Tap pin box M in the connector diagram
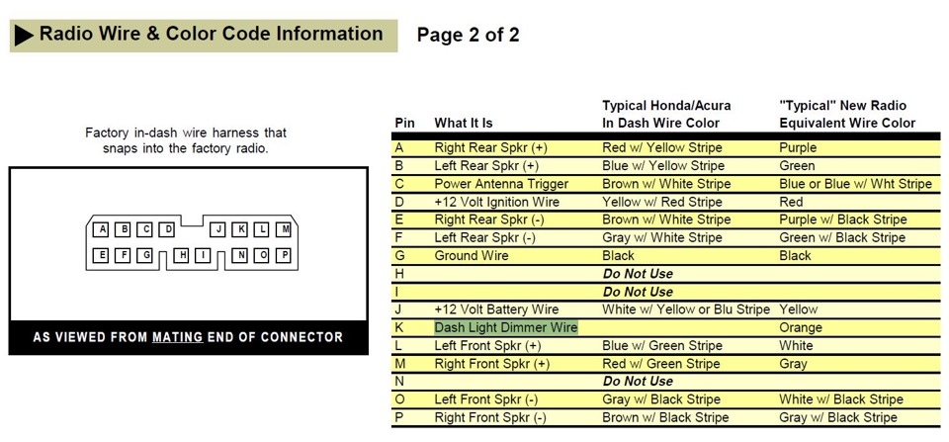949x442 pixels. point(284,229)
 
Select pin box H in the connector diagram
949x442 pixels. point(182,255)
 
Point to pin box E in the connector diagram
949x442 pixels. point(101,255)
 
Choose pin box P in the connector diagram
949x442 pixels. point(284,255)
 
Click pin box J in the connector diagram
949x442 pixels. point(218,229)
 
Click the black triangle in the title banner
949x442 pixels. point(24,36)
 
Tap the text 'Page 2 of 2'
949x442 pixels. point(468,36)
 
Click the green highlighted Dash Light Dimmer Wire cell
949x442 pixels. point(506,327)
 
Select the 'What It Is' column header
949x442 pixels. point(464,123)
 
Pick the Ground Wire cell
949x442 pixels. point(472,255)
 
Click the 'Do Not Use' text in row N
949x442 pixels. point(638,382)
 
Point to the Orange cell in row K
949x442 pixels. point(801,327)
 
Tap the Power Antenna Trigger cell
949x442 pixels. point(502,184)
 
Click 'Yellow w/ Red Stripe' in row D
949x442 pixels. point(662,202)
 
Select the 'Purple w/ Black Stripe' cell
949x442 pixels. point(843,220)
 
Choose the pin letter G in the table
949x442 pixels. point(400,255)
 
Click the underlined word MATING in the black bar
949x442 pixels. point(177,337)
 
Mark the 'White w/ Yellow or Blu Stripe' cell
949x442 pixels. point(686,309)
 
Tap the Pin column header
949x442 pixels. point(405,123)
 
